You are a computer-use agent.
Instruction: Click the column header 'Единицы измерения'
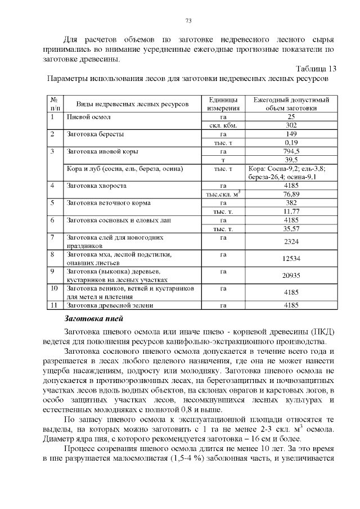(x=223, y=103)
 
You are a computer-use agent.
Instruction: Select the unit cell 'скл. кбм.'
(x=223, y=125)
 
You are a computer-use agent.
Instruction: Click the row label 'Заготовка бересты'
(x=96, y=134)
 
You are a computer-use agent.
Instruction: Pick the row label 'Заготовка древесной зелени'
(x=111, y=305)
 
